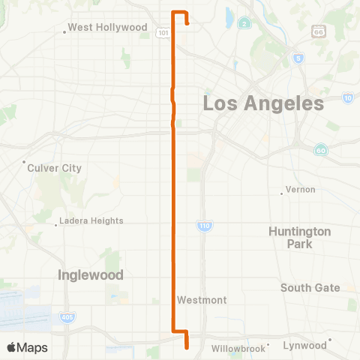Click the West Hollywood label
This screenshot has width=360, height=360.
click(107, 28)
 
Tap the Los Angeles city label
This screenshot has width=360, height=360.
click(263, 103)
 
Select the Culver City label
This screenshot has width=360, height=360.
click(54, 168)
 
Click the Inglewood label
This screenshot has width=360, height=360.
click(91, 275)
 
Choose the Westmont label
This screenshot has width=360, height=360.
click(202, 300)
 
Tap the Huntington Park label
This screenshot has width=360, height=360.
click(299, 238)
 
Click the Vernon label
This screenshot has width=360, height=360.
click(300, 190)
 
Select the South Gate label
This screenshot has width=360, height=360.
click(310, 287)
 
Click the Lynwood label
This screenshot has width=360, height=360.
click(304, 345)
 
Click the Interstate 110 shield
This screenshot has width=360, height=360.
click(203, 226)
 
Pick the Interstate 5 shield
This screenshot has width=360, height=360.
click(298, 58)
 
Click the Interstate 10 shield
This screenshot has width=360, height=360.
click(347, 98)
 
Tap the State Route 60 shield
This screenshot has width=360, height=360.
click(320, 150)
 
